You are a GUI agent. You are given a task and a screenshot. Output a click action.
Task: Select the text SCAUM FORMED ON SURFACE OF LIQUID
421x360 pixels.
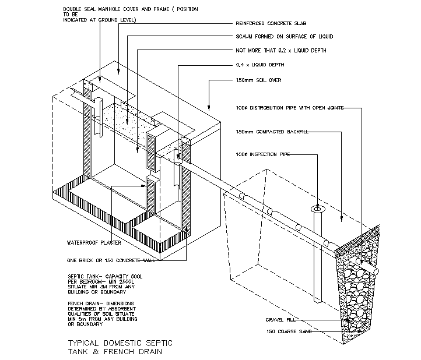point(283,37)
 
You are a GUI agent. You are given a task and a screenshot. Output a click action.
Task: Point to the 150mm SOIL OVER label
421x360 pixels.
point(258,80)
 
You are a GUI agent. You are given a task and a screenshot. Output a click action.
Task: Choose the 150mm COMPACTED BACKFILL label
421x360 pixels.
point(268,132)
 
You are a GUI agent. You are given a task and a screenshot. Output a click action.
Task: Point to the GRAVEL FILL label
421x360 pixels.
point(281,320)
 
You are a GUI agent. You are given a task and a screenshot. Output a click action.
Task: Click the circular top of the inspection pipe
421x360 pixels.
point(317,208)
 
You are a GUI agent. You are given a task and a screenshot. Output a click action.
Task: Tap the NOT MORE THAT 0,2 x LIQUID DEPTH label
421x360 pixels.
point(280,51)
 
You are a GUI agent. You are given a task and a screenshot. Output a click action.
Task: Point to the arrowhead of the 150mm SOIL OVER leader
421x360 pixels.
point(209,108)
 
